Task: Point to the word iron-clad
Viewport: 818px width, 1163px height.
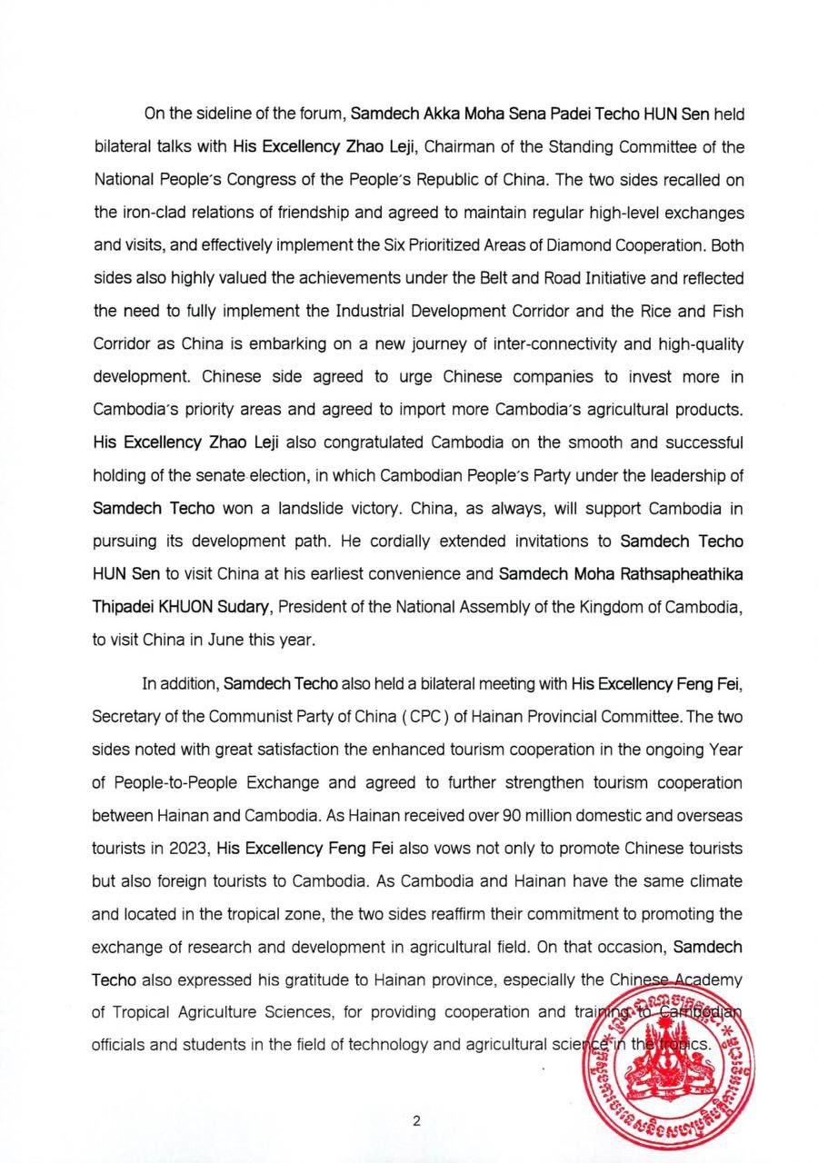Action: pos(154,213)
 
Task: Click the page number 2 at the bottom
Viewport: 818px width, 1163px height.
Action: pos(416,1120)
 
